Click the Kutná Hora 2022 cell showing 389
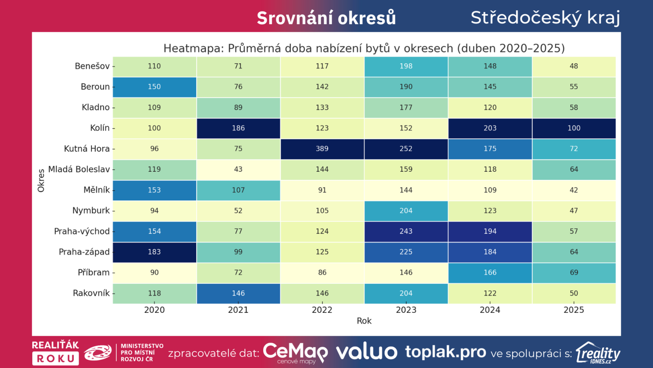tap(322, 149)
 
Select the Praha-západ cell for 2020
tap(154, 252)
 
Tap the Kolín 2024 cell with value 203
tap(490, 128)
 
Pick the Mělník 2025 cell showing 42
tap(574, 190)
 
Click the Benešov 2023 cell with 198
tap(406, 66)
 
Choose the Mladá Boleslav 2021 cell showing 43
tap(238, 169)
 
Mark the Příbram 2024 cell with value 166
tap(490, 272)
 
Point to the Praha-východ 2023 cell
tap(406, 231)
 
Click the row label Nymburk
tap(91, 211)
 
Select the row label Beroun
tap(95, 87)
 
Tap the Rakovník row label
tap(91, 293)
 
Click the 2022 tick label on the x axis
tap(322, 310)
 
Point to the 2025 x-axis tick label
tap(574, 310)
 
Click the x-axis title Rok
tap(364, 321)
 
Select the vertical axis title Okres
tap(41, 180)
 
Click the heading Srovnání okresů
tap(326, 18)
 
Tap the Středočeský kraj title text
tap(545, 18)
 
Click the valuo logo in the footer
tap(366, 352)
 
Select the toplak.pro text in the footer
tap(446, 352)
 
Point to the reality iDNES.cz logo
tap(598, 353)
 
